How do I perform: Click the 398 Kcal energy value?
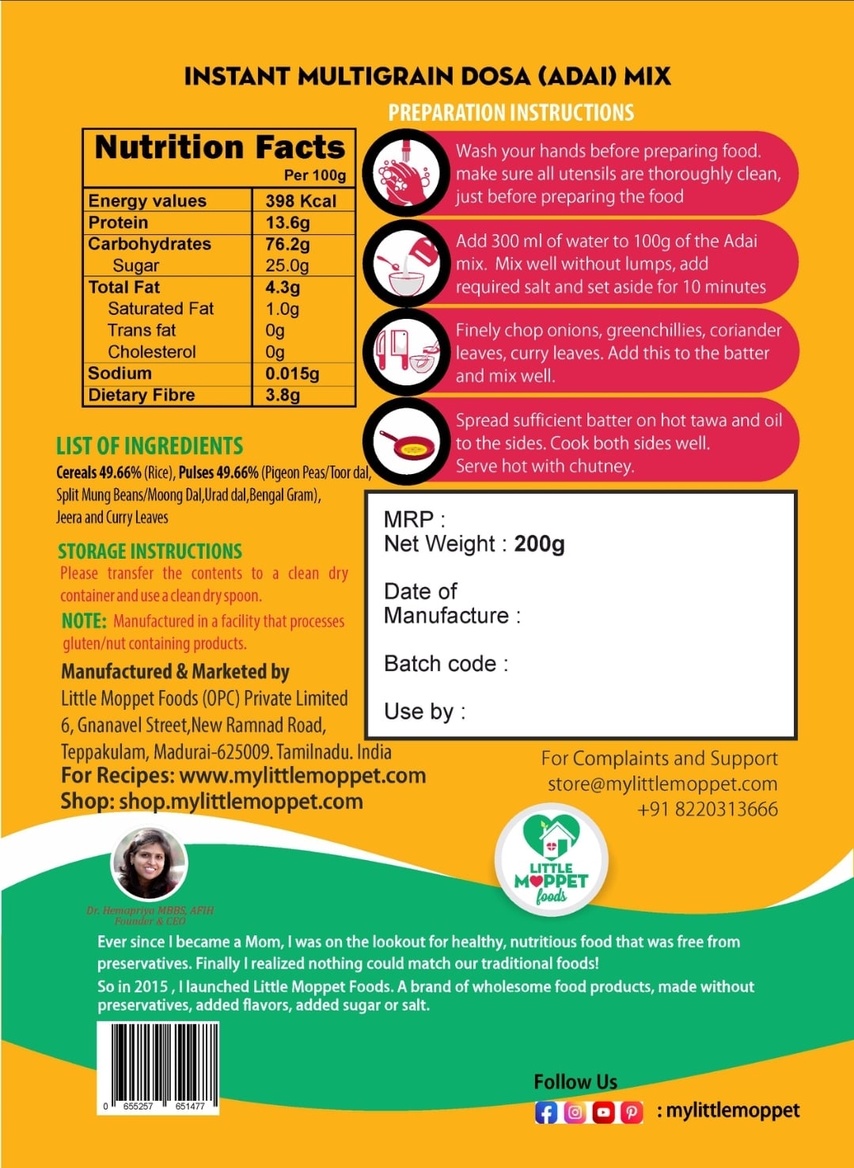click(x=301, y=201)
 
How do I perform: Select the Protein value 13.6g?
click(x=287, y=222)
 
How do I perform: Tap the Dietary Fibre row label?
click(x=142, y=395)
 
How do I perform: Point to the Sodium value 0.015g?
click(x=292, y=374)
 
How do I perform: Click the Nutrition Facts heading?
click(x=220, y=148)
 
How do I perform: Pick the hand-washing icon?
click(x=406, y=173)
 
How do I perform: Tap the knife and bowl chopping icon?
click(x=406, y=352)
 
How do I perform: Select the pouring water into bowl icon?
click(x=406, y=263)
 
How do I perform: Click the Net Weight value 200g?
click(x=539, y=544)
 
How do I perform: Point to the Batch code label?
click(x=446, y=664)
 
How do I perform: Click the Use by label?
click(x=424, y=711)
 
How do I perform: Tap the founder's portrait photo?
click(x=150, y=864)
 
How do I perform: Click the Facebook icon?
click(x=546, y=1112)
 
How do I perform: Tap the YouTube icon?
click(x=603, y=1112)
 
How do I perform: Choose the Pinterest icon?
click(x=632, y=1112)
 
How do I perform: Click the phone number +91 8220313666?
click(x=708, y=809)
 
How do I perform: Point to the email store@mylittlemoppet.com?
click(x=662, y=783)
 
